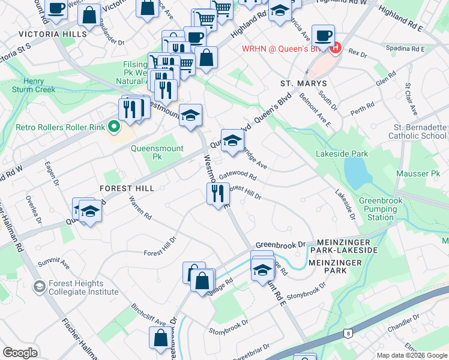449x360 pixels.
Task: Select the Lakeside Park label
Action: (342, 154)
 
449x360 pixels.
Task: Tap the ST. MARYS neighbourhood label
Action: (303, 83)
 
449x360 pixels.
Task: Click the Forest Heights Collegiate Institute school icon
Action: (40, 287)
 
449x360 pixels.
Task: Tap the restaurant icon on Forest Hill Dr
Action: (217, 193)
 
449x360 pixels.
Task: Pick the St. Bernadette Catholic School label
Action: (420, 132)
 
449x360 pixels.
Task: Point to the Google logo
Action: (20, 352)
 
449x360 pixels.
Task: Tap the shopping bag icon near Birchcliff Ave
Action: (161, 337)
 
